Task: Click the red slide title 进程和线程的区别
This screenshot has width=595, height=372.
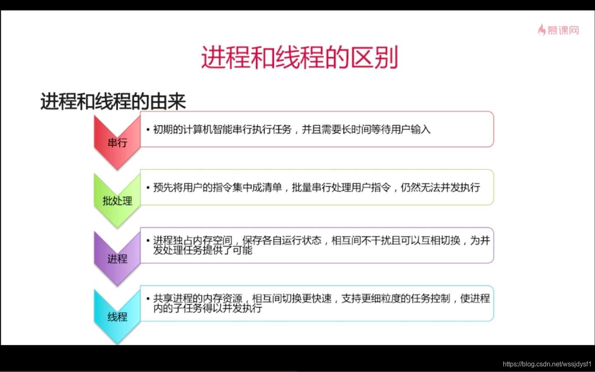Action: coord(299,57)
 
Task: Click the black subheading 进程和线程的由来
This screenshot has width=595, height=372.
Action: coord(113,101)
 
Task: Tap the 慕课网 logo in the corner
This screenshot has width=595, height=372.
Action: coord(558,30)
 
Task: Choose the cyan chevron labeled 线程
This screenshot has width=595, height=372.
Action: coord(117,317)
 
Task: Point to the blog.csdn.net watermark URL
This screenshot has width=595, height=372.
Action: coord(547,364)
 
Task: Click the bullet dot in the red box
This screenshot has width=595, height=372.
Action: coord(148,130)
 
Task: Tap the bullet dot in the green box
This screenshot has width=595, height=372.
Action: coord(148,188)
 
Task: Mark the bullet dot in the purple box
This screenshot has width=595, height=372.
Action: coord(148,241)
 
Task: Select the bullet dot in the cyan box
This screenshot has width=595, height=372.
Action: coord(148,299)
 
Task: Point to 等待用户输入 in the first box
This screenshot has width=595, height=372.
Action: coord(401,130)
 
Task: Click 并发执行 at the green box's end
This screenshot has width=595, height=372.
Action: coord(460,188)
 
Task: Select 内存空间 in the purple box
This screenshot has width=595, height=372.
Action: coord(212,241)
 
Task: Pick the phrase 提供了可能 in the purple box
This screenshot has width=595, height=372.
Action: coord(227,250)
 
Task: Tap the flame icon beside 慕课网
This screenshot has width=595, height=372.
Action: coord(542,30)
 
